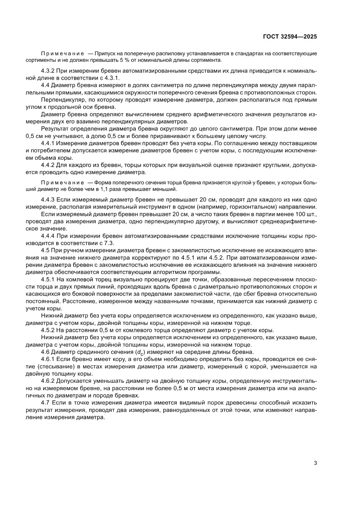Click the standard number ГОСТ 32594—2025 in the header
coord(289,37)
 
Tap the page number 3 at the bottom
coord(315,463)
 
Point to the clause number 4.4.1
coord(49,143)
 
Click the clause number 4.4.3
coord(49,199)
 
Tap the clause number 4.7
coord(46,403)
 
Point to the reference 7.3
coord(109,243)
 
